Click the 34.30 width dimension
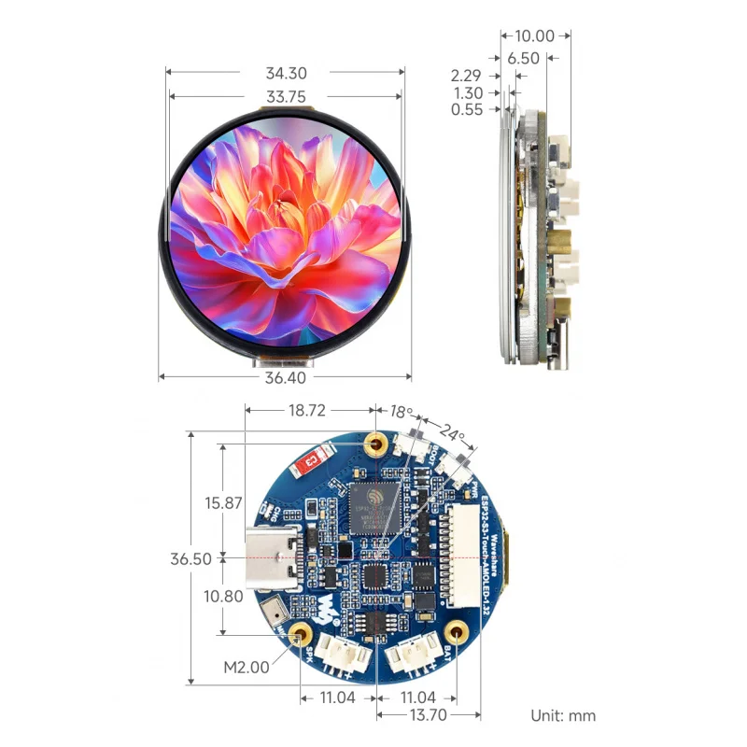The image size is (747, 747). click(x=286, y=73)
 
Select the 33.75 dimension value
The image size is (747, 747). click(x=286, y=96)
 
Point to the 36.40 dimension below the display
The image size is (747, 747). click(x=286, y=378)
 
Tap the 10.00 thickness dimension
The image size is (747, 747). click(x=534, y=36)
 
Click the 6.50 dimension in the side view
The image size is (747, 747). click(x=523, y=58)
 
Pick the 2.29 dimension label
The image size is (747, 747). click(x=466, y=76)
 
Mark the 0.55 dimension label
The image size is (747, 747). click(x=466, y=109)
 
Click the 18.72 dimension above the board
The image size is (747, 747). click(x=308, y=411)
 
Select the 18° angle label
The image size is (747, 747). click(x=400, y=412)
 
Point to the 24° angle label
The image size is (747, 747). click(x=452, y=433)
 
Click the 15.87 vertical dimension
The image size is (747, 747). click(x=223, y=502)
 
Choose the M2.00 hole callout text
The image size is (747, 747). click(x=246, y=667)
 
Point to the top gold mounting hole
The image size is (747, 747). click(x=377, y=443)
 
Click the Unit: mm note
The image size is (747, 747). click(x=563, y=716)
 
